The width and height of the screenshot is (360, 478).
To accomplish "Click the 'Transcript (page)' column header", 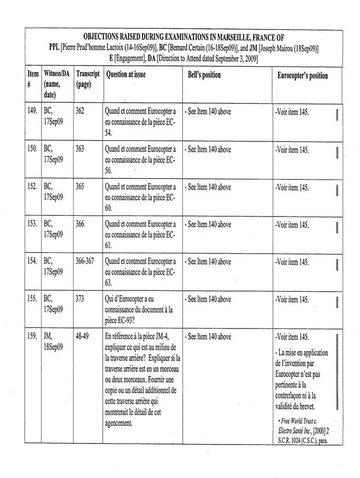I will point(88,80).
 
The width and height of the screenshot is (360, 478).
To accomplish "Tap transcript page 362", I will point(81,110).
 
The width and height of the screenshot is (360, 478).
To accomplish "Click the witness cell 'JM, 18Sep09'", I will point(53,341).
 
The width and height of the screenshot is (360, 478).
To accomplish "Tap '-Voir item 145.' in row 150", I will point(292,149).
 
